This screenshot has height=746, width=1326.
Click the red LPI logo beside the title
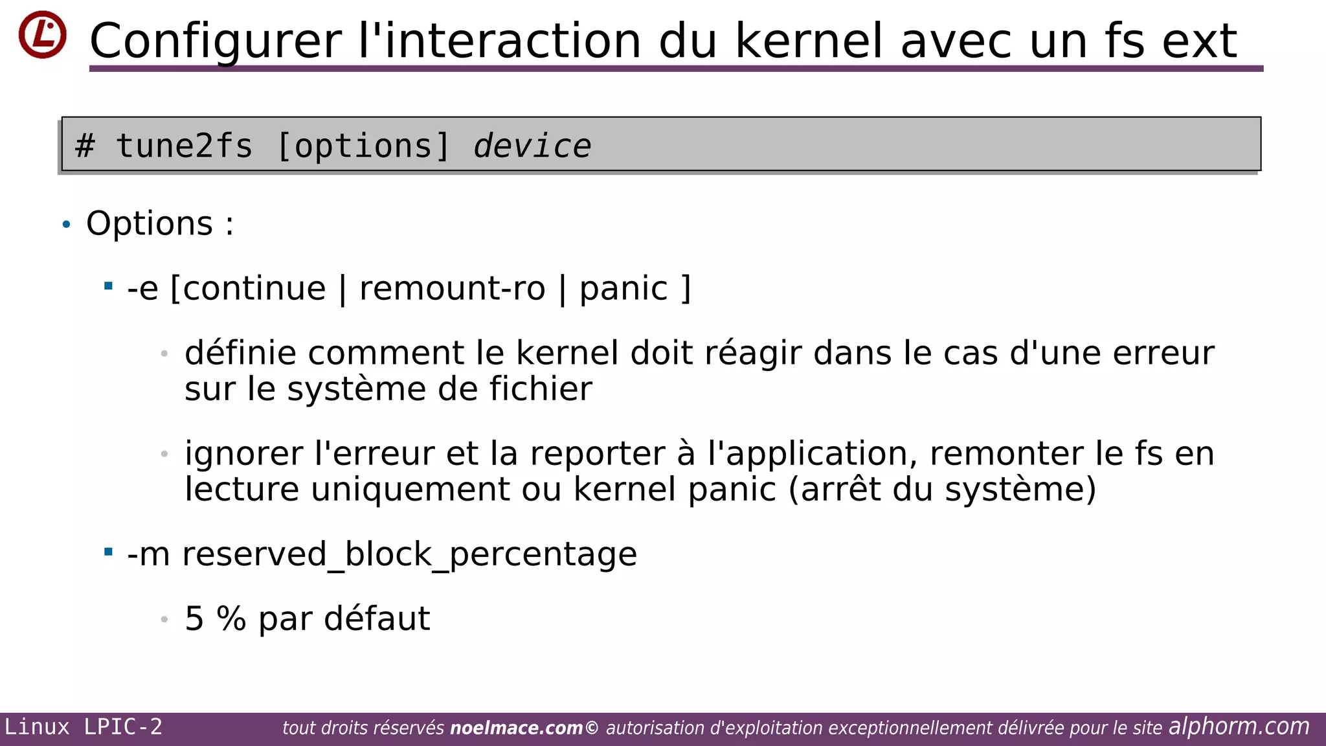(42, 34)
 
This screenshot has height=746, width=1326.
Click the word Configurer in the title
(216, 41)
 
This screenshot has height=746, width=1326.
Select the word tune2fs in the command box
(184, 146)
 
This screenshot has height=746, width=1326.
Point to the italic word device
(532, 146)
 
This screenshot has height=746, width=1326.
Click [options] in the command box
(363, 146)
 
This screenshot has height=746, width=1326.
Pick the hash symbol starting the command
(85, 146)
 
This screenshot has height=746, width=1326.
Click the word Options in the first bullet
(150, 224)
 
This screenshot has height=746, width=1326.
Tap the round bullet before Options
(66, 225)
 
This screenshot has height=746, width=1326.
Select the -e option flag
(142, 288)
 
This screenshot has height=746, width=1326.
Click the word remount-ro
(452, 288)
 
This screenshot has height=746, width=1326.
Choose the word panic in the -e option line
(623, 289)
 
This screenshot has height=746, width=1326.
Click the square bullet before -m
(108, 552)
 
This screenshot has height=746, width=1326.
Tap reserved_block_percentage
(409, 554)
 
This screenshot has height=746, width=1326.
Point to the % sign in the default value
(231, 618)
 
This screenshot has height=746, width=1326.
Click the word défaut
(377, 618)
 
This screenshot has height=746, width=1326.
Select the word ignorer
(243, 454)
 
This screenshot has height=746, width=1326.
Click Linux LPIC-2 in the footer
(84, 727)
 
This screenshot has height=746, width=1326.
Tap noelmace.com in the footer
(516, 729)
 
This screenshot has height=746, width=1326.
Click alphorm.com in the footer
(1239, 727)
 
